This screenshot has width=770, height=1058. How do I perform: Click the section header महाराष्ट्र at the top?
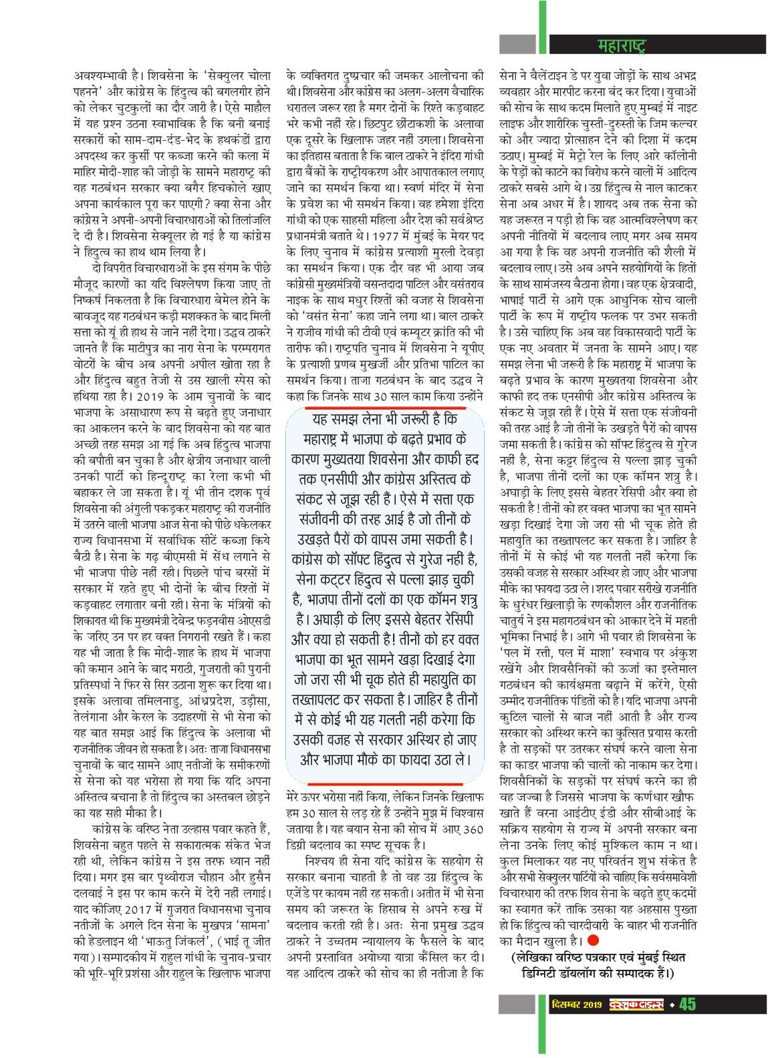coord(622,45)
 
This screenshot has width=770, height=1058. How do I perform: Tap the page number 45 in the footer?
coord(687,1005)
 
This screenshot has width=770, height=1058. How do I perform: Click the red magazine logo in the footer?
coord(636,1005)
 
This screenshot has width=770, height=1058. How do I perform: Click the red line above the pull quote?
coord(385,405)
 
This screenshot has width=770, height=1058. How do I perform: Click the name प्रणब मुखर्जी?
coord(377,364)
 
